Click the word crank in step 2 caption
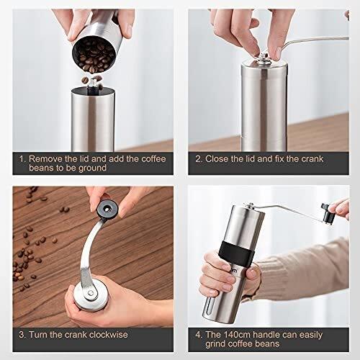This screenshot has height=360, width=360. [x=312, y=159]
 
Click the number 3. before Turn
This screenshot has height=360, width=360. [x=22, y=335]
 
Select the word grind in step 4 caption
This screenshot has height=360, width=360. [x=215, y=344]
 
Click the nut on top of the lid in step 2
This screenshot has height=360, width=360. [x=264, y=57]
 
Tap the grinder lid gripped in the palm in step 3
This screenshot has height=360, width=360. [x=91, y=296]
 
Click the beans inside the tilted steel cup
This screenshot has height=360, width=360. [x=94, y=57]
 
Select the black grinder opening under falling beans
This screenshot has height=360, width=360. [x=93, y=91]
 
